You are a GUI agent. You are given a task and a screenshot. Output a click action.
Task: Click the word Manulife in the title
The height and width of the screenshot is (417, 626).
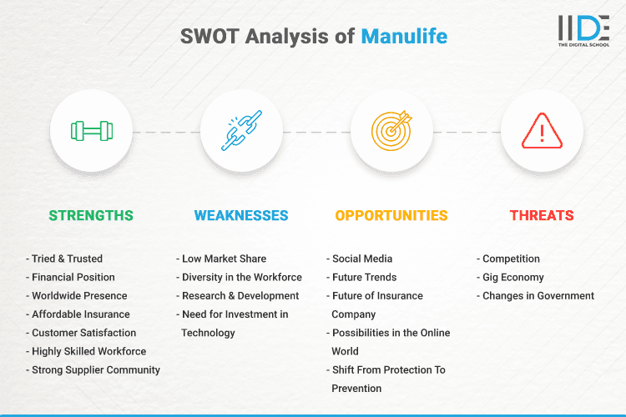[x=404, y=37]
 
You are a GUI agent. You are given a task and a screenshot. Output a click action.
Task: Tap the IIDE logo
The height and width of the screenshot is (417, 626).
[x=583, y=30]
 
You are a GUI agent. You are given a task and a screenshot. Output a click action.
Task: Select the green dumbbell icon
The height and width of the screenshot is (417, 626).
[x=92, y=131]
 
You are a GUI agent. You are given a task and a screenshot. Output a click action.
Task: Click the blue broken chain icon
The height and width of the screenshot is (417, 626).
[x=242, y=131]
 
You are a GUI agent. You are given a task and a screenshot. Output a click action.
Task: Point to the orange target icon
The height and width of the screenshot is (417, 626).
[x=392, y=131]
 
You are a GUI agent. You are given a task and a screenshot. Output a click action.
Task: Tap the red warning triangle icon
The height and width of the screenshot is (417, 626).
[x=542, y=131]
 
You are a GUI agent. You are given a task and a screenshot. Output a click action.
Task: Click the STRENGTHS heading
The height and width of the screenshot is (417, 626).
[x=91, y=215]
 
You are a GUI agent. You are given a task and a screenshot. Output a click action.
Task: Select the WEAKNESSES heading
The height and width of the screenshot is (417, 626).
[x=241, y=215]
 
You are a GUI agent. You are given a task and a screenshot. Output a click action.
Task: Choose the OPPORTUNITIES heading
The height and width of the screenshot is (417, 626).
[x=391, y=215]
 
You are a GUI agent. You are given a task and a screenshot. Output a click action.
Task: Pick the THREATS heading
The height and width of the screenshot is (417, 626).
[x=542, y=215]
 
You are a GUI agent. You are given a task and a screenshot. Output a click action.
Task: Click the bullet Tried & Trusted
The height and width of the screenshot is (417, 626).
[x=67, y=259]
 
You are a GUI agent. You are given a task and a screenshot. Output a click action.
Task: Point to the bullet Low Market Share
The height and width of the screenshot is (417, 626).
[x=224, y=259]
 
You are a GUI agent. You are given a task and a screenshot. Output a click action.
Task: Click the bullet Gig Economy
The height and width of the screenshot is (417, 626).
[x=512, y=277]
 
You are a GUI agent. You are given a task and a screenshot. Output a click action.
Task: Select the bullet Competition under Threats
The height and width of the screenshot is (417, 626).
[x=510, y=259]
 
